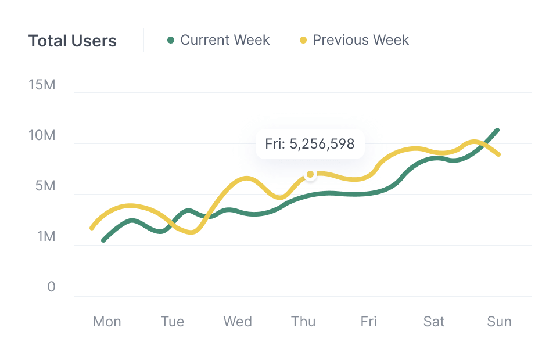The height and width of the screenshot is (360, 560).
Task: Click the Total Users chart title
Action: point(73,41)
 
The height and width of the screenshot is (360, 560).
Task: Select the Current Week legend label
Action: point(225,40)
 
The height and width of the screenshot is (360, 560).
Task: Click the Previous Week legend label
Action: point(360,40)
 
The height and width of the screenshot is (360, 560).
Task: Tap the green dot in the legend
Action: point(171,41)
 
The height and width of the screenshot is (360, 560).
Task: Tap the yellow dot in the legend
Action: point(303,41)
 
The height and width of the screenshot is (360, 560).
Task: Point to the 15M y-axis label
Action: point(42,85)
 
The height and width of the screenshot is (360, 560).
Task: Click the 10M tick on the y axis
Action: point(42,136)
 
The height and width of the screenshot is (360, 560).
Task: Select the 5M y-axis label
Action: point(45,186)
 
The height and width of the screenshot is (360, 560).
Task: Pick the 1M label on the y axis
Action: point(45,237)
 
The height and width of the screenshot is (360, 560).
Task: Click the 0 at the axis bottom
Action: point(51,287)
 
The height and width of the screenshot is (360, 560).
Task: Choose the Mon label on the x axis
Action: point(107,322)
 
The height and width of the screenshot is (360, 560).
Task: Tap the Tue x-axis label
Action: point(173,322)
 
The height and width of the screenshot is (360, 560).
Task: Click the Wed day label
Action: point(238,322)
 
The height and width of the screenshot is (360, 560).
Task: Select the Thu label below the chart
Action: point(303,322)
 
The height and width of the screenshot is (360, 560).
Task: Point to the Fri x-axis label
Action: point(368,322)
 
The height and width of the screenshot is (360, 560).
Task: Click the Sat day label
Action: point(434,322)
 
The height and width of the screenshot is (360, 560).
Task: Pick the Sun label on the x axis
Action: point(499,322)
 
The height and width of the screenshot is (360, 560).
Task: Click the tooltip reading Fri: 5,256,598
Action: point(310,144)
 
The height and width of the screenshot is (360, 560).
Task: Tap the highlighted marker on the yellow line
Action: point(310,174)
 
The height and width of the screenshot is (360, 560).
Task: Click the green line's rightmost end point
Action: point(497,130)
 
